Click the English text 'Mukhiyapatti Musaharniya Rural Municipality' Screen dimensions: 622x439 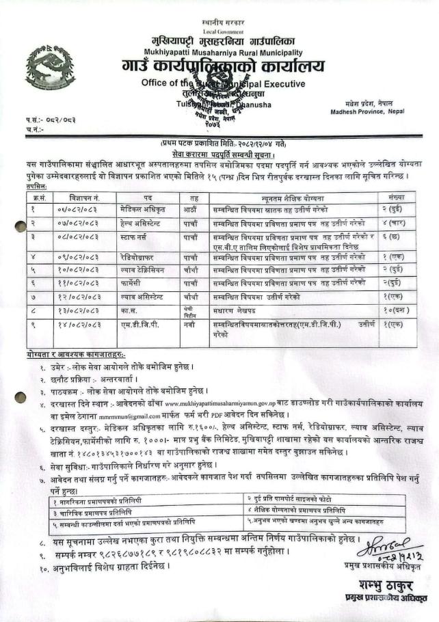(x=224, y=52)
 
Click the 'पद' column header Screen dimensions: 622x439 (x=147, y=198)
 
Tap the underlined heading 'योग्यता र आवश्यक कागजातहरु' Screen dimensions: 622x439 (x=72, y=355)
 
